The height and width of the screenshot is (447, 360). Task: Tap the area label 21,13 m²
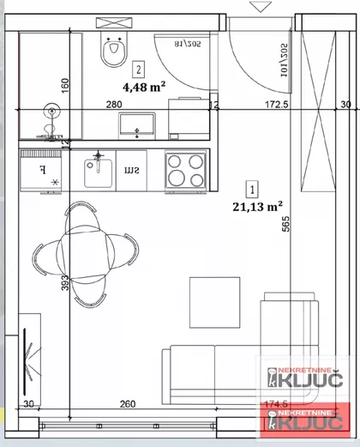tap(257, 205)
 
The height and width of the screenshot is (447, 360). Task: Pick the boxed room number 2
tap(139, 67)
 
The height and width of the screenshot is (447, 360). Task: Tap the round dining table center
tap(85, 254)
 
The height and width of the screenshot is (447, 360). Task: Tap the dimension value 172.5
tap(275, 106)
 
